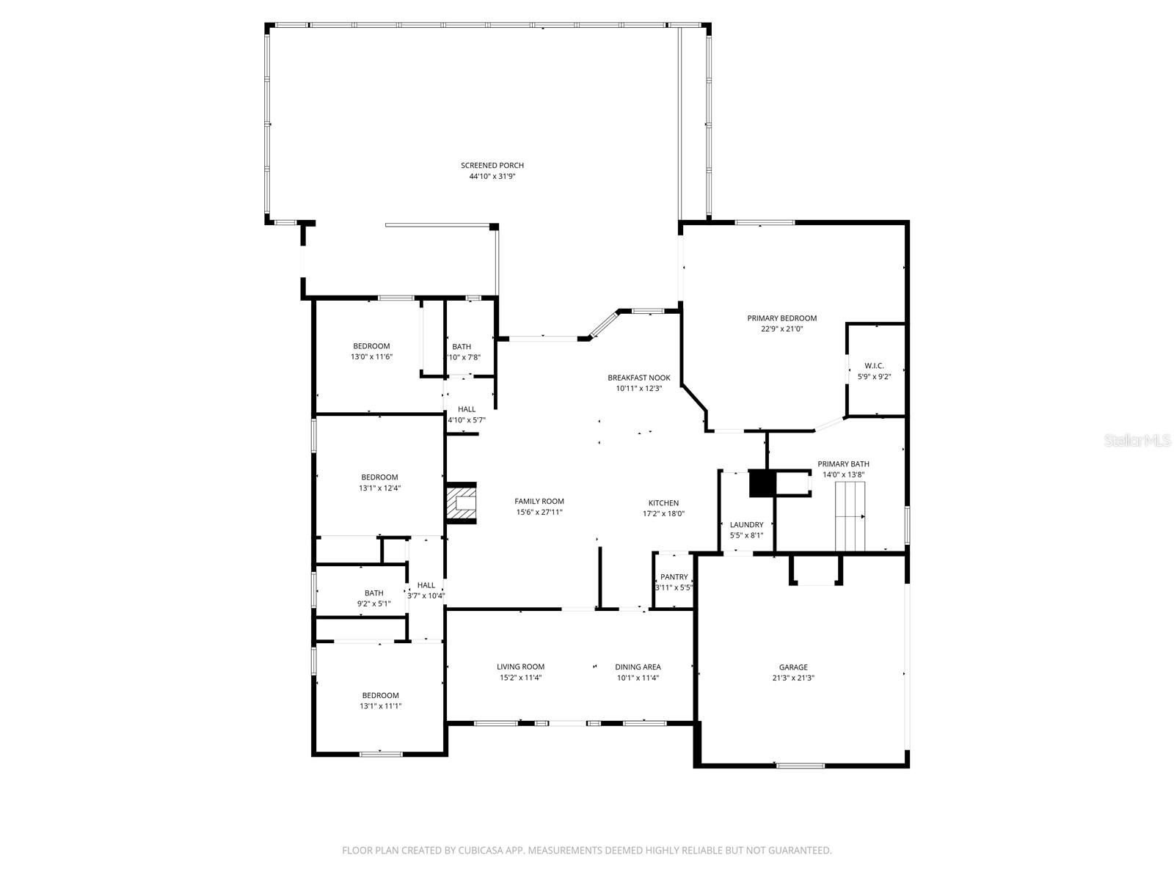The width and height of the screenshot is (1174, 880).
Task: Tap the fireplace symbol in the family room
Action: click(x=462, y=502)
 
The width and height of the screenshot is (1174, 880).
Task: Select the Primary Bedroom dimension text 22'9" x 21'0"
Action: click(x=781, y=329)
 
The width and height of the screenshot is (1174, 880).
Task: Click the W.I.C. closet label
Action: click(x=874, y=365)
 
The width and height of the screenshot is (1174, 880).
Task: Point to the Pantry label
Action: click(x=674, y=577)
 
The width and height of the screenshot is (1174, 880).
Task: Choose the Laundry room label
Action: click(x=746, y=525)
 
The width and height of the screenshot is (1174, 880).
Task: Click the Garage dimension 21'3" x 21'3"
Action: click(x=793, y=678)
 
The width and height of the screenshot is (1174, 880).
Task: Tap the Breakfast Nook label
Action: click(x=638, y=378)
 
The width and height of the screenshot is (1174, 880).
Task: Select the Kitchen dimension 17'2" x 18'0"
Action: click(x=663, y=514)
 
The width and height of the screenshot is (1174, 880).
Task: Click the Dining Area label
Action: click(x=638, y=667)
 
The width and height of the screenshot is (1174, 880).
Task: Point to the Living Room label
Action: click(x=520, y=667)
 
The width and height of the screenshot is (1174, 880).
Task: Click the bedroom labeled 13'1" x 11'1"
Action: click(x=380, y=700)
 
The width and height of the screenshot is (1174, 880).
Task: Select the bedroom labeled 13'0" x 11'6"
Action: click(x=371, y=351)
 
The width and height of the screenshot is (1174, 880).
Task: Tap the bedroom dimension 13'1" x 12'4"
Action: click(x=379, y=488)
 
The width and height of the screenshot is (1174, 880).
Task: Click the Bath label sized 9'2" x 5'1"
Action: click(x=373, y=593)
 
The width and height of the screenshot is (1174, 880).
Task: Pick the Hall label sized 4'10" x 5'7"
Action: click(x=467, y=409)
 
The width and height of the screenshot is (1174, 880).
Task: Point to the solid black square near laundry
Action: click(x=761, y=484)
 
